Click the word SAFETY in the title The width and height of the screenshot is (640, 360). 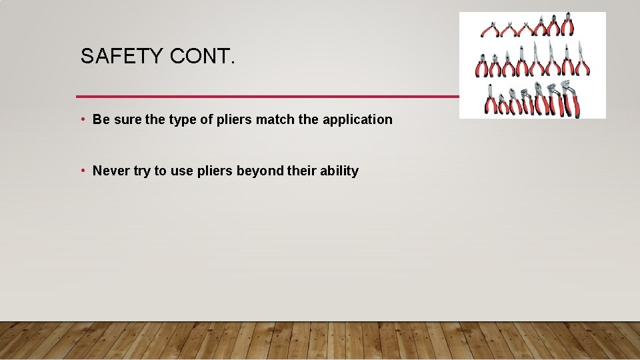click(122, 57)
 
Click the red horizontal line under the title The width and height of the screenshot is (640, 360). click(267, 97)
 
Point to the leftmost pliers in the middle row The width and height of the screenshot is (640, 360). click(481, 67)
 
